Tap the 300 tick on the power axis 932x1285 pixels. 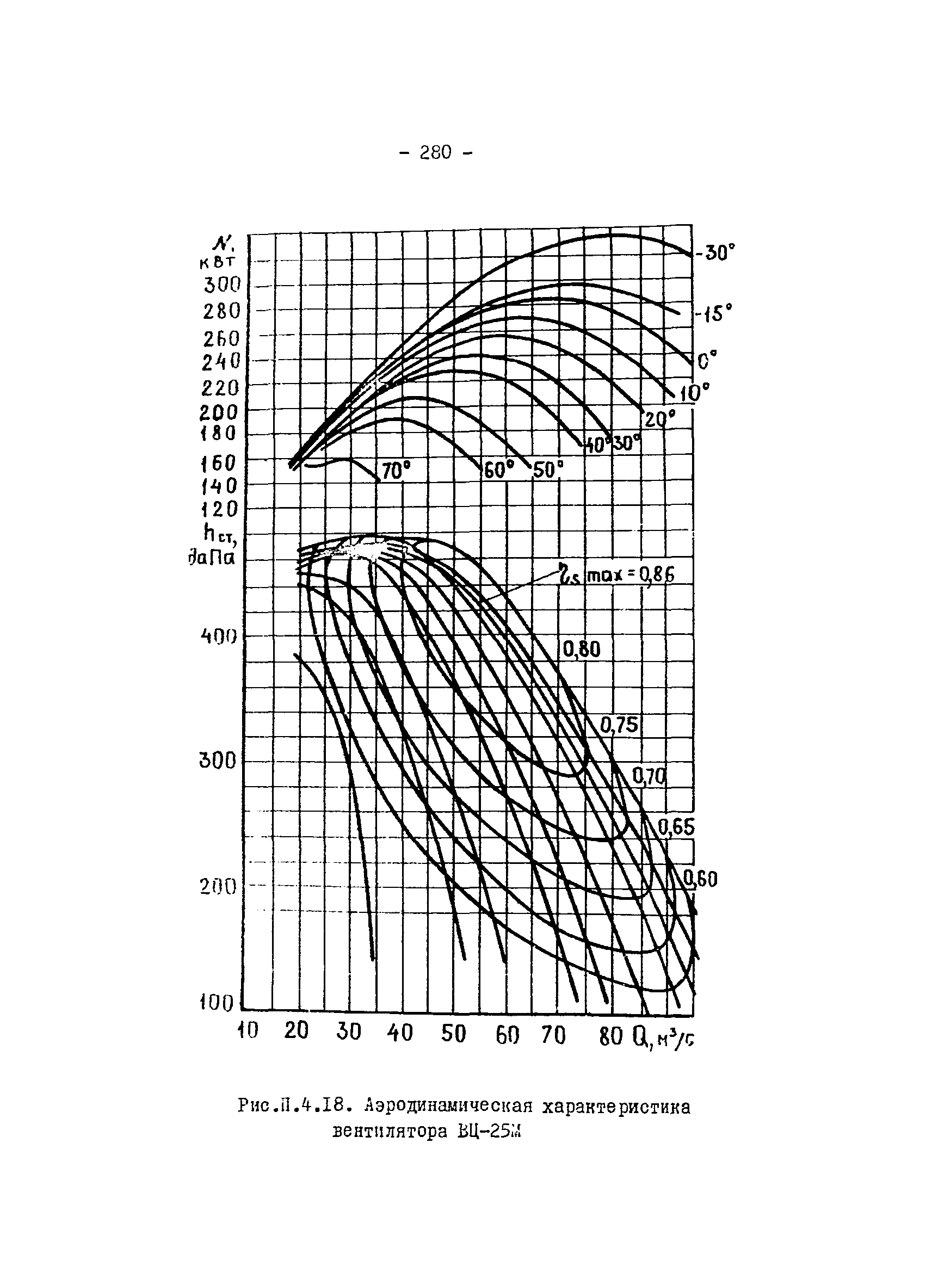222,285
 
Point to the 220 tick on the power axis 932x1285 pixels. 221,388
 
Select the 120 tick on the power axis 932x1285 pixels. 220,509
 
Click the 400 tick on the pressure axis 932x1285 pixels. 218,637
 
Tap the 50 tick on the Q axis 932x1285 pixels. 453,1034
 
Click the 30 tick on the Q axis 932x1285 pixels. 348,1031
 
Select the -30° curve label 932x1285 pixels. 715,252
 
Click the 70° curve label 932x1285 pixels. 396,471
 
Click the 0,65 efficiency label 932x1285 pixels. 676,829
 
